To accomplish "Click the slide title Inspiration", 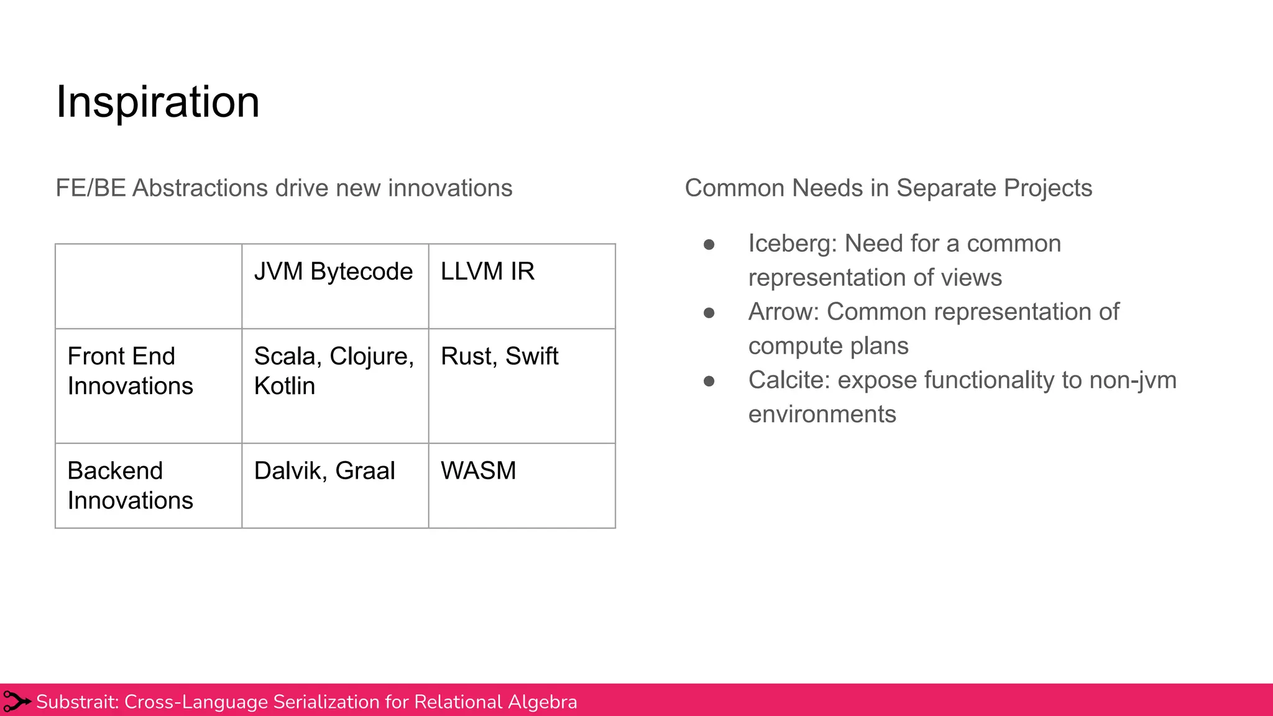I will pyautogui.click(x=158, y=101).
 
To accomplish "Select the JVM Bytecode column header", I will pyautogui.click(x=333, y=272).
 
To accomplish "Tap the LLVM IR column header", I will pyautogui.click(x=487, y=272).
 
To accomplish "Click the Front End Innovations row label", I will pyautogui.click(x=130, y=371).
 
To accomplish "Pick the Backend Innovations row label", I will pyautogui.click(x=130, y=485).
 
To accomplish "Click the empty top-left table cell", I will pyautogui.click(x=149, y=286).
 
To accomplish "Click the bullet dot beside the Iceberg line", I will pyautogui.click(x=709, y=245).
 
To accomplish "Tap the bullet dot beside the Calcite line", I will pyautogui.click(x=709, y=382).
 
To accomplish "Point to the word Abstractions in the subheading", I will pyautogui.click(x=200, y=188).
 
